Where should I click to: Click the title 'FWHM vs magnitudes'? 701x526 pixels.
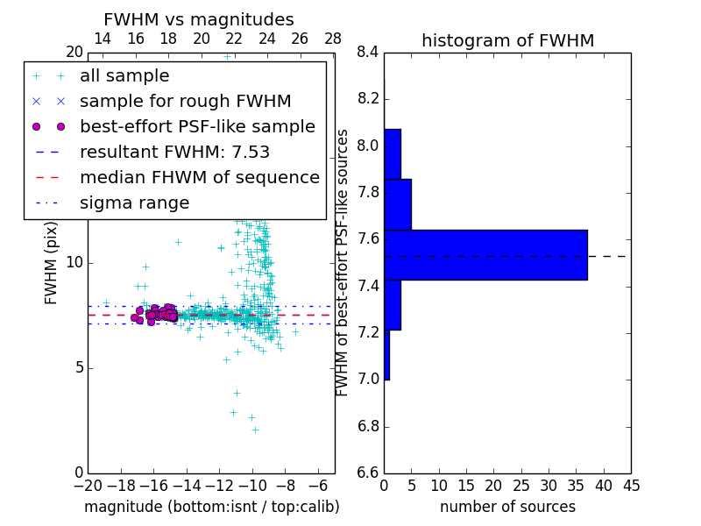coord(199,20)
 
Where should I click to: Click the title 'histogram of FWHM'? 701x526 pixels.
coord(507,41)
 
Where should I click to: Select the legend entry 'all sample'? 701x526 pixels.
coord(124,76)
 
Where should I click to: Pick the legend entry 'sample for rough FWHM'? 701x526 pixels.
coord(185,102)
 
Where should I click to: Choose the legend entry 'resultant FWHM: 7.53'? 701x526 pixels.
coord(174,153)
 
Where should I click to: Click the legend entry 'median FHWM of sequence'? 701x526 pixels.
coord(199,178)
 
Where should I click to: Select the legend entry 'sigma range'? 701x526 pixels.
coord(134,203)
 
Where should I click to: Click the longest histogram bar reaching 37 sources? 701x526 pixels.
coord(485,255)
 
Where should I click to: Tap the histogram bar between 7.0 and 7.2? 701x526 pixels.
coord(386,355)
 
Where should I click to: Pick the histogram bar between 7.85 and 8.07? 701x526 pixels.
coord(392,154)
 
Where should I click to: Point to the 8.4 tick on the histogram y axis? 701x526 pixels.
coord(369,53)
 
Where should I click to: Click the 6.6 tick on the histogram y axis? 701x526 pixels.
coord(369,473)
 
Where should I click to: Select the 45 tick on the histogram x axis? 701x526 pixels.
coord(631,486)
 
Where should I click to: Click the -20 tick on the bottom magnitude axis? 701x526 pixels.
coord(88,486)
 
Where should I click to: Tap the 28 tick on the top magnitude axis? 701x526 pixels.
coord(333,39)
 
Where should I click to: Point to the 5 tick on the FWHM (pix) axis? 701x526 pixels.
coord(78,367)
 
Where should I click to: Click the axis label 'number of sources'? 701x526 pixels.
coord(507,507)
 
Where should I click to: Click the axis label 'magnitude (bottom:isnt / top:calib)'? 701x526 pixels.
coord(211,507)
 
